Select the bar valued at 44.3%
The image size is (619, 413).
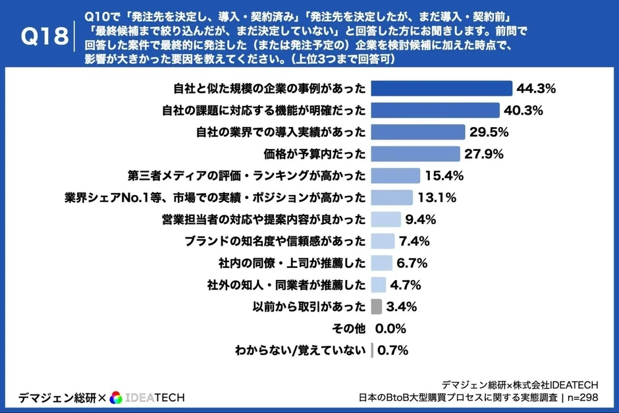(441, 88)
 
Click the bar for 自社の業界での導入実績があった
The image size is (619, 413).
(418, 132)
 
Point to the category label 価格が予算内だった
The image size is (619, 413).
(314, 154)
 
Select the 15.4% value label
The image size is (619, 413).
(444, 176)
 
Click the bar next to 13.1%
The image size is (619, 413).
(392, 198)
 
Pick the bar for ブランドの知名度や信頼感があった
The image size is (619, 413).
(383, 241)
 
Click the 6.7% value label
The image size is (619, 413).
(413, 263)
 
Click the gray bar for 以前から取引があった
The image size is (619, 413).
(377, 306)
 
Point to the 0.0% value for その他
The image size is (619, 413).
(390, 329)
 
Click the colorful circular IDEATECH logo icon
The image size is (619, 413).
(116, 397)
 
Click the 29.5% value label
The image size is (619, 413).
(489, 132)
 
